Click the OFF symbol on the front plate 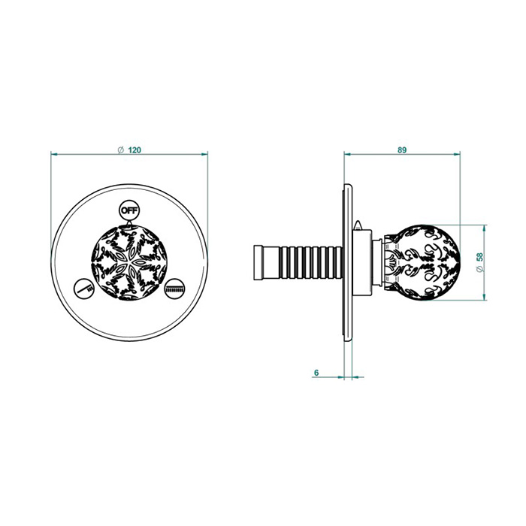[x=129, y=210]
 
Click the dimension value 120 [x=135, y=150]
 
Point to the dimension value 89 [x=402, y=150]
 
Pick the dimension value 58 [x=480, y=257]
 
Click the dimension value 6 [x=316, y=373]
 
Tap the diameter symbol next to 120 [x=121, y=150]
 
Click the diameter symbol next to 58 [x=480, y=269]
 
